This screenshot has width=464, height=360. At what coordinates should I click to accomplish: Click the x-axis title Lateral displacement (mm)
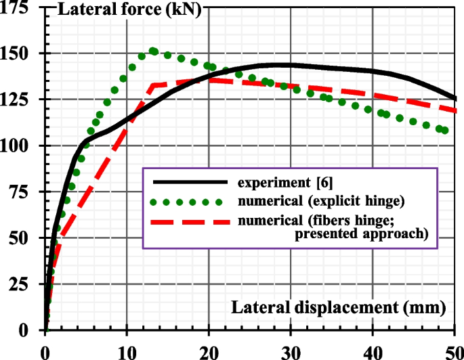pos(339,309)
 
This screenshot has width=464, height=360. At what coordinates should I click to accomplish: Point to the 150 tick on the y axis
pos(20,53)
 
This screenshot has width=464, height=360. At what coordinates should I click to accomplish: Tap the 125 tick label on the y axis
pos(20,99)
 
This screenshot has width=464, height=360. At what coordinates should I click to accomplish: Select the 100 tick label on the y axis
pos(20,145)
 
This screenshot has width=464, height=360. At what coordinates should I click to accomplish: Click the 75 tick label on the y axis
pos(24,192)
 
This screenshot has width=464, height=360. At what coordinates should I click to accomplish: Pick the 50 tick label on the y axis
pos(24,238)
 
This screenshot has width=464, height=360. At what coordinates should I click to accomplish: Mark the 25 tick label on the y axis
pos(24,284)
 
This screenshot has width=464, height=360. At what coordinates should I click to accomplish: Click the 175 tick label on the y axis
pos(20,7)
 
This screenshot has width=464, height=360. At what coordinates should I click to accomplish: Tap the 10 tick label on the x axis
pos(127,351)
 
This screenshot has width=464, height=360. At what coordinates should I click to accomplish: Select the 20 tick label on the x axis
pos(209,351)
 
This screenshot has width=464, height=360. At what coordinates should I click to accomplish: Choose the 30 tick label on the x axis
pos(291,351)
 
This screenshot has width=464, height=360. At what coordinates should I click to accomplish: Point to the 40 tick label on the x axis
pos(373,351)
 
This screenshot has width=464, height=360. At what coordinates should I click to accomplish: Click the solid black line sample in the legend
pos(189,182)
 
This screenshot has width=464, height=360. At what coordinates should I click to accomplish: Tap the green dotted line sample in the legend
pos(189,202)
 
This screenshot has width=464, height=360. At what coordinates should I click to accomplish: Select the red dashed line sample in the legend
pos(189,221)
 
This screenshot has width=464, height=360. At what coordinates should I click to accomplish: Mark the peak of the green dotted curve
pos(153,51)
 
